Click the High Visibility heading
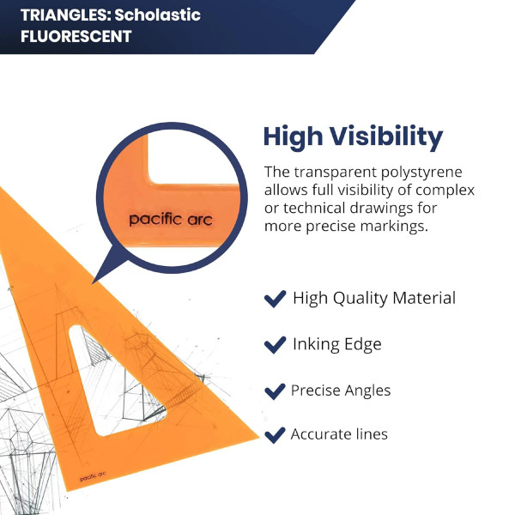[x=352, y=136]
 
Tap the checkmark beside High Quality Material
[x=275, y=299]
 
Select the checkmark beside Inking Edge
[x=275, y=345]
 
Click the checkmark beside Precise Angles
[x=275, y=391]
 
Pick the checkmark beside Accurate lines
[x=275, y=435]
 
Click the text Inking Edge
[x=336, y=344]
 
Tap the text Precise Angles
[x=341, y=391]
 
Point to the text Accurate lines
[x=339, y=434]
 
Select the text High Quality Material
[x=374, y=298]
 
